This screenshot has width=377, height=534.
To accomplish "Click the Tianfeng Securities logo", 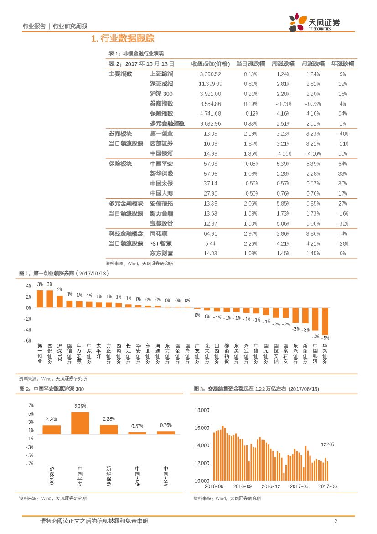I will point(315,23).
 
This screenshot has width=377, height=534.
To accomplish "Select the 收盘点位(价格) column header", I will point(210,64).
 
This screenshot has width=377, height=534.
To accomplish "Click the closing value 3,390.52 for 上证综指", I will point(210,74).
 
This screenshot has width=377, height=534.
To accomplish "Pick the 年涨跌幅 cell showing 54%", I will point(343,113).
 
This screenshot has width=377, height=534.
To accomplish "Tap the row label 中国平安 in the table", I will point(161,164).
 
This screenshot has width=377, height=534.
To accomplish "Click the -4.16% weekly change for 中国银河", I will point(283,153).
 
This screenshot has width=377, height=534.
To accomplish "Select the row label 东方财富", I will point(161,253).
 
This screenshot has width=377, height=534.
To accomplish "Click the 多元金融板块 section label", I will point(126,203).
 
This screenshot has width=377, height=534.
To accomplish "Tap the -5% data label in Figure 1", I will point(325,338).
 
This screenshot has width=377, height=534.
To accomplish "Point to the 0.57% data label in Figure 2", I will point(137,426).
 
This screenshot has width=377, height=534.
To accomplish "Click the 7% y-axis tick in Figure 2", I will point(31,406).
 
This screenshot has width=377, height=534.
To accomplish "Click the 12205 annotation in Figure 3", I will point(327,444).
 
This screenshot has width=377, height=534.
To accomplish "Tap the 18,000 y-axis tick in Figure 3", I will point(201,410).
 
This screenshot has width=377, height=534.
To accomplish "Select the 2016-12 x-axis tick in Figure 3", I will point(271,486).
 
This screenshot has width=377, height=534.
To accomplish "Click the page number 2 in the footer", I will point(336,522).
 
